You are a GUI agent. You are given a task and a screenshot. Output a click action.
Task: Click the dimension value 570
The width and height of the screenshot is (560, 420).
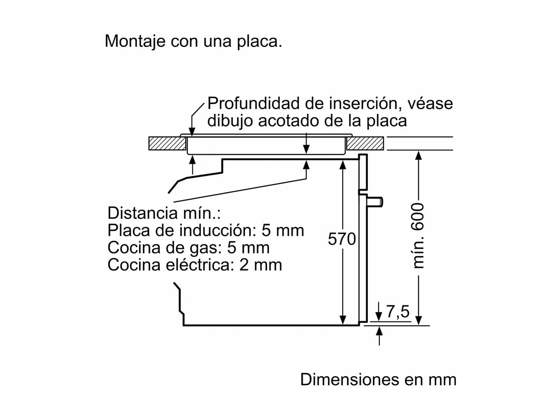[342, 239]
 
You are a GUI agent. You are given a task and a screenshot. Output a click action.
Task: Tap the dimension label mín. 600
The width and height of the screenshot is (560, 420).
[418, 236]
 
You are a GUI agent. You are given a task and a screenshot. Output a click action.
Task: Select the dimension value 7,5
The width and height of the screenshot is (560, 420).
[398, 312]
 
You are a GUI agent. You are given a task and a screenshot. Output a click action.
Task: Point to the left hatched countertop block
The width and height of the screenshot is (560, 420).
[167, 144]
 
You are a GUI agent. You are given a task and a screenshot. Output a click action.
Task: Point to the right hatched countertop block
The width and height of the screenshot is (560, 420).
[365, 144]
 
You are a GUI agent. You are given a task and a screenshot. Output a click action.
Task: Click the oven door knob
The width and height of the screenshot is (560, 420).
[376, 202]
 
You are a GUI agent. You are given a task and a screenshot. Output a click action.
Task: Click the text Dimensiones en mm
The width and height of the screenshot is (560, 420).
[378, 379]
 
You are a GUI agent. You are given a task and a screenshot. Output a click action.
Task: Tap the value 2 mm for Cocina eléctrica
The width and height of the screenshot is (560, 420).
[260, 265]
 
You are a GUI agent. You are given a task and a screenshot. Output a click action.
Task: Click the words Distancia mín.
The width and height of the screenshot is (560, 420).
[164, 213]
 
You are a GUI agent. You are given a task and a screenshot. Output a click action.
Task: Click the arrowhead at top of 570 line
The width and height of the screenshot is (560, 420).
[343, 164]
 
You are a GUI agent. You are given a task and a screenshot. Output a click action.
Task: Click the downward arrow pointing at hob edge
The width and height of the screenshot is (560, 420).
[192, 131]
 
